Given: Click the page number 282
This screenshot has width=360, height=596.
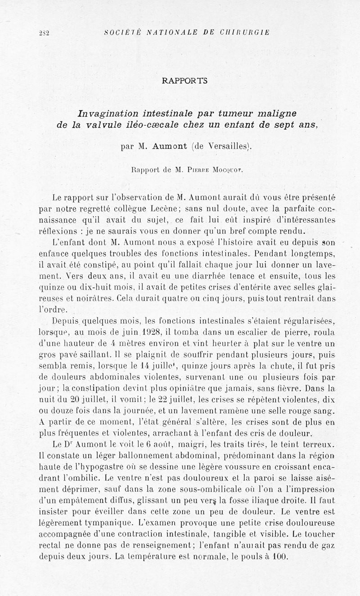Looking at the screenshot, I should pyautogui.click(x=44, y=32).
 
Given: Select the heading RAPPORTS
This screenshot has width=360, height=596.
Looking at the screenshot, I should pyautogui.click(x=184, y=81).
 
